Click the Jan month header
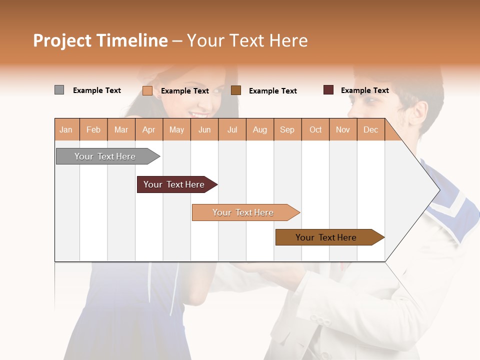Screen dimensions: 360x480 (66, 130)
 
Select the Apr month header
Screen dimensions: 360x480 (148, 130)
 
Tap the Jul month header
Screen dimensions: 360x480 (232, 130)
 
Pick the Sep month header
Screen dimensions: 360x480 (287, 130)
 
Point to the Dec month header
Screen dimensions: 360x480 (370, 130)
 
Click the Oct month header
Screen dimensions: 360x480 (315, 130)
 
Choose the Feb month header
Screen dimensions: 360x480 (93, 130)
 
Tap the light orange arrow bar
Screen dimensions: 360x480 (243, 212)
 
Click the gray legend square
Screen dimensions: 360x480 (59, 90)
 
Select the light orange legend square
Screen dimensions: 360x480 (147, 90)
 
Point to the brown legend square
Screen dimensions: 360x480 (236, 90)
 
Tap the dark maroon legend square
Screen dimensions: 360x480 (328, 90)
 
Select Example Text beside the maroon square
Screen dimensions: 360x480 (364, 90)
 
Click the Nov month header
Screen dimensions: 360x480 (343, 130)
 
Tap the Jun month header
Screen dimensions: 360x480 (204, 130)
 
